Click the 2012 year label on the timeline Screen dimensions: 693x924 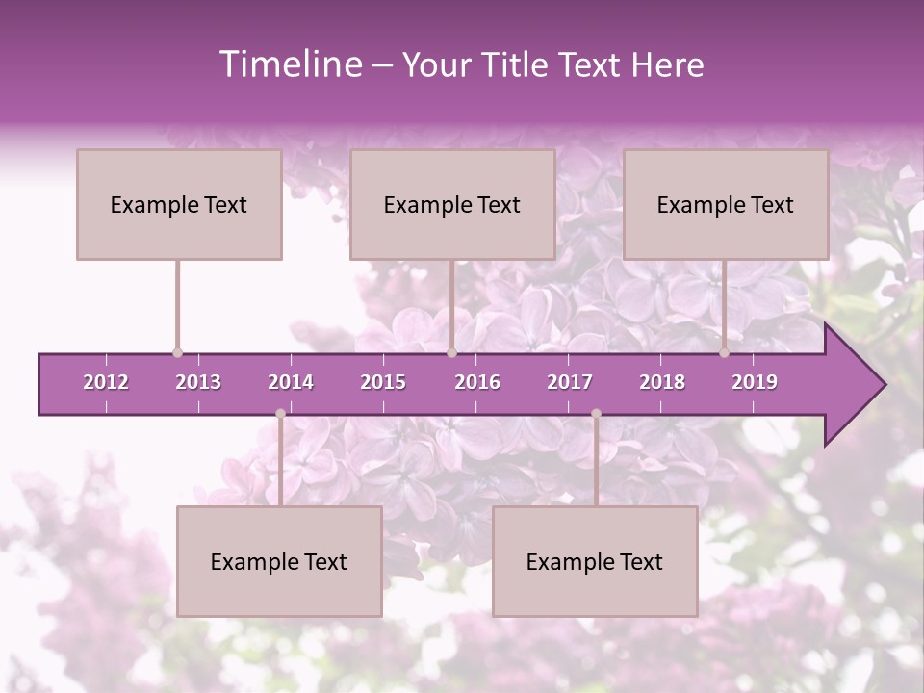pyautogui.click(x=106, y=382)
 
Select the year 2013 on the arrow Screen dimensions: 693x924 pyautogui.click(x=198, y=382)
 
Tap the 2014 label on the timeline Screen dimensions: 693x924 pyautogui.click(x=291, y=382)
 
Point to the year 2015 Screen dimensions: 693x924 pyautogui.click(x=383, y=382)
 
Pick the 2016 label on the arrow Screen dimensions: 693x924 pyautogui.click(x=477, y=382)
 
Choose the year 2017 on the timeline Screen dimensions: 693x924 pyautogui.click(x=570, y=382)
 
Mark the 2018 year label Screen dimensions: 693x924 pyautogui.click(x=662, y=382)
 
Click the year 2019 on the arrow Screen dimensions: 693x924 pyautogui.click(x=755, y=382)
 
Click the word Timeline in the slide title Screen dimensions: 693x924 pyautogui.click(x=289, y=64)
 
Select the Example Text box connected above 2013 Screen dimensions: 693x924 pyautogui.click(x=179, y=204)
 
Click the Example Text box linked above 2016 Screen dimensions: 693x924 pyautogui.click(x=452, y=204)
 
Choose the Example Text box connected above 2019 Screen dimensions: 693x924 pyautogui.click(x=726, y=204)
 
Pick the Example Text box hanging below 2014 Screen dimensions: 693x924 pyautogui.click(x=279, y=561)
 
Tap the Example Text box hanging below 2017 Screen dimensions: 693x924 pyautogui.click(x=595, y=561)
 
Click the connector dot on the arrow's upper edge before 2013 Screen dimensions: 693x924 pyautogui.click(x=177, y=352)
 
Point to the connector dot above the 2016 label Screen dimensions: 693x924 pyautogui.click(x=451, y=352)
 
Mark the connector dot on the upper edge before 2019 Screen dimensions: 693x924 pyautogui.click(x=725, y=352)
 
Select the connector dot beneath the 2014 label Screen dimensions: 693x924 pyautogui.click(x=280, y=413)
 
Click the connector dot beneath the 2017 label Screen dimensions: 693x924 pyautogui.click(x=596, y=413)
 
